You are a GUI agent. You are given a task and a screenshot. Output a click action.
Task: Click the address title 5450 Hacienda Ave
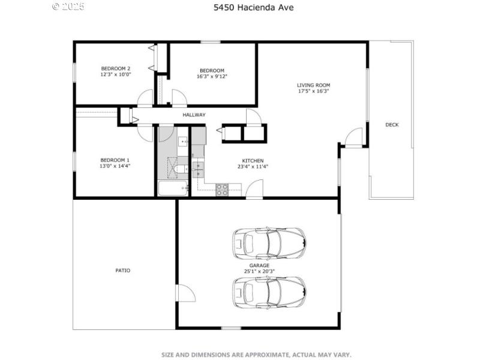[x=245, y=8]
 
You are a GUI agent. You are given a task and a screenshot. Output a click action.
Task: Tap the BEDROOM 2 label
[x=116, y=68]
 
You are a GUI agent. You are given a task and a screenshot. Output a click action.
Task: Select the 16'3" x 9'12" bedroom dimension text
[x=212, y=76]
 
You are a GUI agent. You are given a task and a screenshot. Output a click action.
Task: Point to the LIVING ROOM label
[x=313, y=85]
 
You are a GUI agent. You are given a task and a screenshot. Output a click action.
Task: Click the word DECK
[x=392, y=125]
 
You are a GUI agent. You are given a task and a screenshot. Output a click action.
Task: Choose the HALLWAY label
[x=194, y=115]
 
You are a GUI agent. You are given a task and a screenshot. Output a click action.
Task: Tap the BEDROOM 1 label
[x=115, y=160]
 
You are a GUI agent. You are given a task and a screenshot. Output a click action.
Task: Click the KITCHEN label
[x=253, y=161]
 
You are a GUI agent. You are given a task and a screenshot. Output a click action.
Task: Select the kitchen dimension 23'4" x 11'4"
[x=253, y=167]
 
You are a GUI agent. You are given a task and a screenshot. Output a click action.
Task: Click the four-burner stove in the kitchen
[x=222, y=190]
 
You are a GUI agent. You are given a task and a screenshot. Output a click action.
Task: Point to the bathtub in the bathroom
[x=173, y=190]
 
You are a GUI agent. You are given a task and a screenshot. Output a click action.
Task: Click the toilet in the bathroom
[x=181, y=170]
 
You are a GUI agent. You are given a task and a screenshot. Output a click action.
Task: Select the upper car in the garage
[x=269, y=243]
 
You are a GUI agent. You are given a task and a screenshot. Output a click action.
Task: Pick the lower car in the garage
[x=269, y=292]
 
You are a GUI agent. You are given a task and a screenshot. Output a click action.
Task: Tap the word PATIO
[x=122, y=271]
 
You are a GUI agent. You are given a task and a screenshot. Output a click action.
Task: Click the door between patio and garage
[x=184, y=294]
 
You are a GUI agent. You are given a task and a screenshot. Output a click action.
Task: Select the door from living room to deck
[x=354, y=137]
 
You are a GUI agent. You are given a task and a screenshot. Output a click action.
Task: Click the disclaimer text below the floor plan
[x=256, y=355]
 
